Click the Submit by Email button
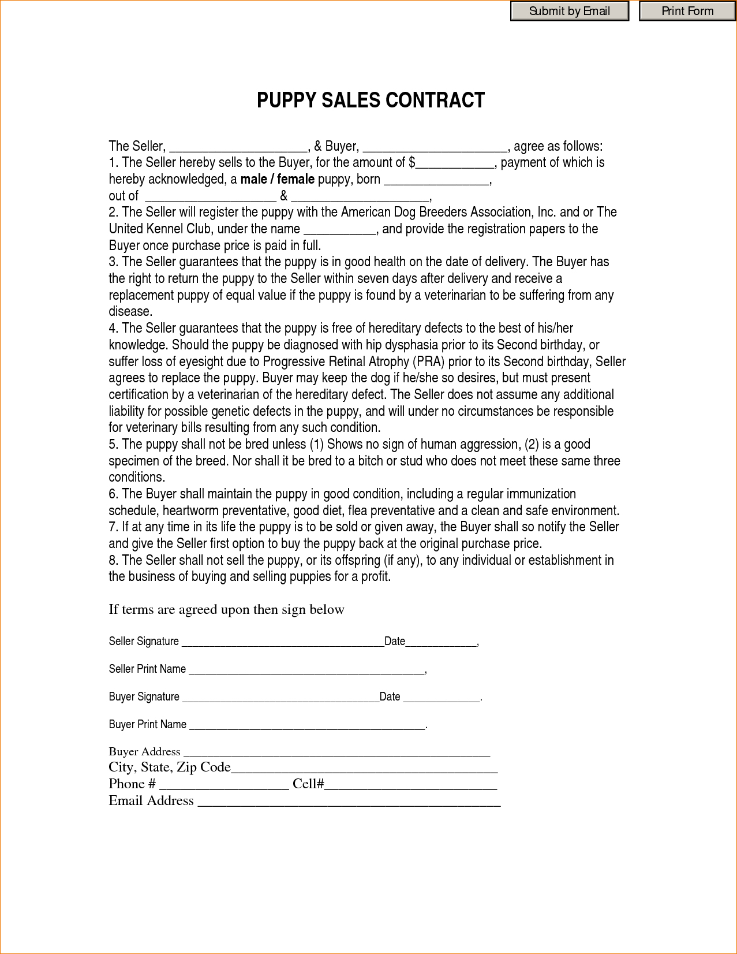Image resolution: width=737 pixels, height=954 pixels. pos(569,12)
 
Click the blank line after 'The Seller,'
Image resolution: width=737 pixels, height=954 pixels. pos(238,147)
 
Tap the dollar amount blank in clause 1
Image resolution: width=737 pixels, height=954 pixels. pos(455,163)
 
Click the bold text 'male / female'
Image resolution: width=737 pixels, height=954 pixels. pos(277,180)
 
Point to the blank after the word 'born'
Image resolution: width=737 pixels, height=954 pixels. pos(436,180)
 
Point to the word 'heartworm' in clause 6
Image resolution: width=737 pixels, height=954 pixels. pos(190,511)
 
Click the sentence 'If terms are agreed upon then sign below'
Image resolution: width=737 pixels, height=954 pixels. pos(226,610)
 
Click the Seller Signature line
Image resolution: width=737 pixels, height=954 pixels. pos(282,642)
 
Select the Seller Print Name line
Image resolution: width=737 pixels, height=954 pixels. pos(306,670)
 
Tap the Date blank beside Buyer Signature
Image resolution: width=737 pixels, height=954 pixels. pos(442,698)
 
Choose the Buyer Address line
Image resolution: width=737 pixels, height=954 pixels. pos(336,752)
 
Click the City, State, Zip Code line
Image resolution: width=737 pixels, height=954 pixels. pos(364,769)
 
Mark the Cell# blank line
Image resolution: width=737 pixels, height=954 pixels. pos(410,785)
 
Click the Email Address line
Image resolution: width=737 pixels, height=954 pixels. pos(349,802)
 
